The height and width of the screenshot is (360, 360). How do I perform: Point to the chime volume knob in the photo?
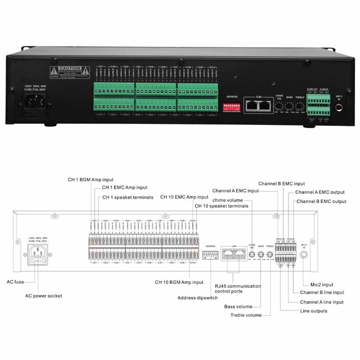click(x=279, y=106)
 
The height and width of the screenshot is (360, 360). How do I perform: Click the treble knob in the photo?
click(x=299, y=106)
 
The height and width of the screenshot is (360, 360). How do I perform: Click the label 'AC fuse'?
click(x=15, y=282)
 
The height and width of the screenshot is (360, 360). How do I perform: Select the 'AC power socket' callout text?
click(x=43, y=296)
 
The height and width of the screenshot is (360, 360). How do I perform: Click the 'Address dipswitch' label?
click(x=196, y=298)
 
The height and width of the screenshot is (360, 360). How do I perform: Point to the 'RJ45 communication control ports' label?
click(x=238, y=289)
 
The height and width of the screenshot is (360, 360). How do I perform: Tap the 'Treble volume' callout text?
click(x=246, y=315)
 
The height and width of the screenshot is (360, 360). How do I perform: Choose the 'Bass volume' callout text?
click(x=238, y=307)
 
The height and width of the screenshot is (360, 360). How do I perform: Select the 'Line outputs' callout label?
click(x=314, y=311)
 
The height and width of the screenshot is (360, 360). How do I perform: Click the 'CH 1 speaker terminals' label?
click(x=128, y=197)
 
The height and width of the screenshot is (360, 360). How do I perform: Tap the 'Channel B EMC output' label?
click(x=322, y=202)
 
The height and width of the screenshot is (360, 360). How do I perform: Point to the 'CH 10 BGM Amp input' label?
click(x=179, y=282)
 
